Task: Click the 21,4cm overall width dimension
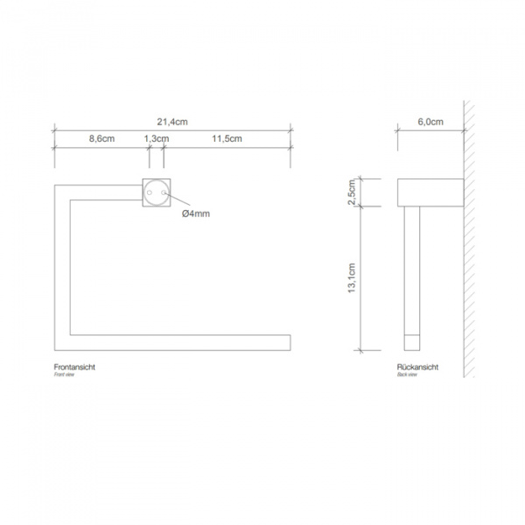[172, 122]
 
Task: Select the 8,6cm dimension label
[101, 139]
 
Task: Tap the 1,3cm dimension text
[156, 139]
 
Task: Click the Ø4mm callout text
[195, 213]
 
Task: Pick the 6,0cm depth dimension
[430, 122]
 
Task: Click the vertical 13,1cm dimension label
[352, 279]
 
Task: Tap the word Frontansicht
[74, 367]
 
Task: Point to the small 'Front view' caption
[65, 374]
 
